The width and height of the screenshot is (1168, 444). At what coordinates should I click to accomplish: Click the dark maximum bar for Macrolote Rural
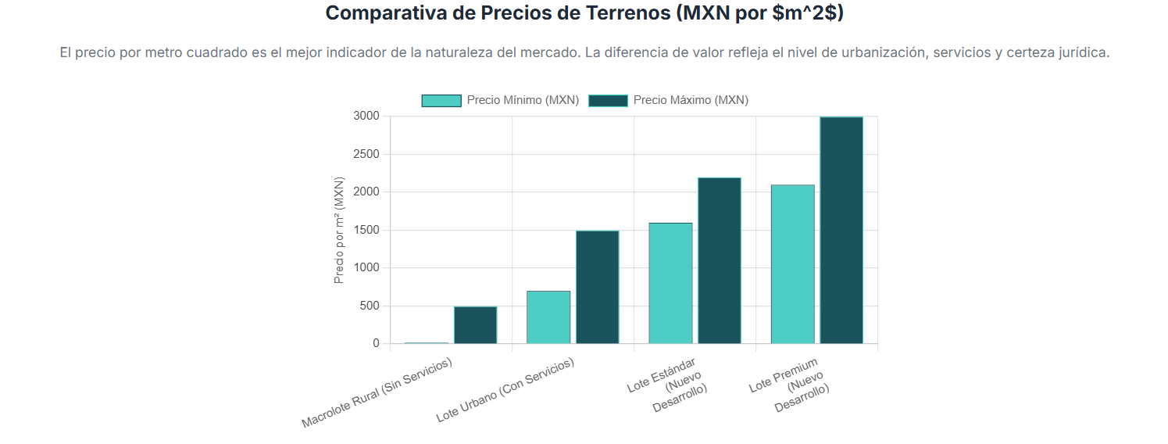pyautogui.click(x=475, y=325)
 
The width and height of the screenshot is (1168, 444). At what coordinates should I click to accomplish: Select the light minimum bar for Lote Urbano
pyautogui.click(x=548, y=317)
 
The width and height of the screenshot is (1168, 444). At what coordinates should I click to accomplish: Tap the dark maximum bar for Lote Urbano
pyautogui.click(x=597, y=287)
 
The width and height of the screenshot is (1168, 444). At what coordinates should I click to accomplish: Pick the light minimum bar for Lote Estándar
pyautogui.click(x=670, y=283)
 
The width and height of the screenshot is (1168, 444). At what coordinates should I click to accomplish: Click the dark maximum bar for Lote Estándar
pyautogui.click(x=719, y=260)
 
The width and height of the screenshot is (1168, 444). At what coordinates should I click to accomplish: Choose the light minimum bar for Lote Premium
pyautogui.click(x=792, y=264)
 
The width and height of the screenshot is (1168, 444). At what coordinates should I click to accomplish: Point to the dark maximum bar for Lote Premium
pyautogui.click(x=841, y=230)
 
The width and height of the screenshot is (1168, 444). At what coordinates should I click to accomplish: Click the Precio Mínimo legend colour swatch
pyautogui.click(x=441, y=100)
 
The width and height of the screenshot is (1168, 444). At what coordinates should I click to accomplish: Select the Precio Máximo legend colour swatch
pyautogui.click(x=608, y=100)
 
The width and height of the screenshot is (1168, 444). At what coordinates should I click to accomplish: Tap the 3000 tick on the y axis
pyautogui.click(x=366, y=116)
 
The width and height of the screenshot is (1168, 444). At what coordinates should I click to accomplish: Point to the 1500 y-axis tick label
pyautogui.click(x=366, y=230)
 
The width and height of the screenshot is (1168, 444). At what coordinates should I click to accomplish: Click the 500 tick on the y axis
pyautogui.click(x=370, y=306)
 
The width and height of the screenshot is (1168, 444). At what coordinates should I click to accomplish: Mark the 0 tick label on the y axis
pyautogui.click(x=376, y=343)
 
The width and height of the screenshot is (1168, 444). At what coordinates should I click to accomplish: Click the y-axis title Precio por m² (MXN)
pyautogui.click(x=339, y=230)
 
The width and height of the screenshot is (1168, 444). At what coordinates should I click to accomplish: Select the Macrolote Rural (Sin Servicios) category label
pyautogui.click(x=377, y=393)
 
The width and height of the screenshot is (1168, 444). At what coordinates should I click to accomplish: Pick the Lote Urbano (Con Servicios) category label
pyautogui.click(x=505, y=391)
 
